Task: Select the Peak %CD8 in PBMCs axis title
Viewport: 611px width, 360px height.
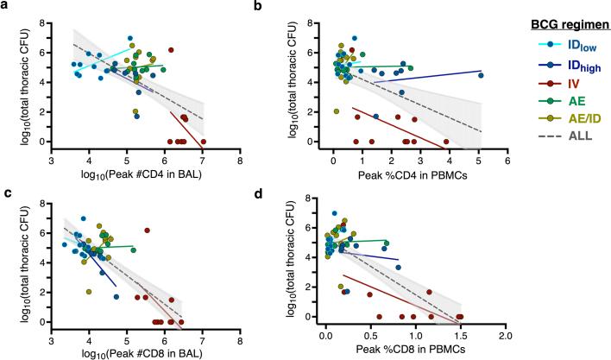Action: click(x=406, y=354)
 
